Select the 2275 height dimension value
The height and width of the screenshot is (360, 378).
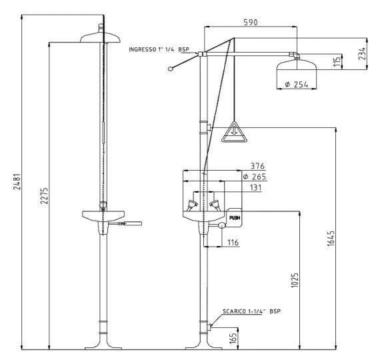coord(44,195)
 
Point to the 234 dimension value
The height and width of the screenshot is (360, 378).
coord(362,53)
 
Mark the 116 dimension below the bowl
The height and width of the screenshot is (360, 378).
coord(233,241)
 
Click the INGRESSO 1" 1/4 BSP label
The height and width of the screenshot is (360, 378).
coord(159,49)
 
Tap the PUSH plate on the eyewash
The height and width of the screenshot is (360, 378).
coord(234,217)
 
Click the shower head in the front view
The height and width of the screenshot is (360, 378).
coord(100,37)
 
